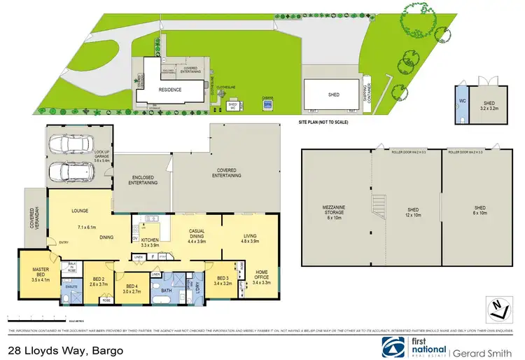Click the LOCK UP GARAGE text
click(x=102, y=158)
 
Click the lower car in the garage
click(x=70, y=172)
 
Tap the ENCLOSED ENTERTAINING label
click(x=143, y=180)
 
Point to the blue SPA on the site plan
click(x=267, y=104)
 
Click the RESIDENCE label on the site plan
click(x=169, y=90)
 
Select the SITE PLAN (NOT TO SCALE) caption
click(x=323, y=120)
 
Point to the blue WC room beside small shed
click(x=461, y=102)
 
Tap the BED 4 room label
click(x=132, y=288)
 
